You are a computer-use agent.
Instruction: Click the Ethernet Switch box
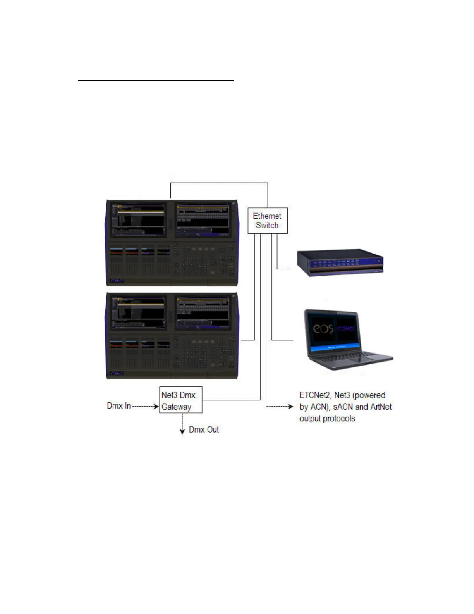[267, 221]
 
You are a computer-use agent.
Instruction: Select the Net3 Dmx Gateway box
[181, 400]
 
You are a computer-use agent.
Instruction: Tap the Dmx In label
[119, 406]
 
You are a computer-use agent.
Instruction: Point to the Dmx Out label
[204, 429]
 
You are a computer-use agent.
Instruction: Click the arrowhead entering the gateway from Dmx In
[156, 406]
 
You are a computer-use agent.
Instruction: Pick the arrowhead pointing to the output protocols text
[290, 406]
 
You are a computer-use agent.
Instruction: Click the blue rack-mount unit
[340, 262]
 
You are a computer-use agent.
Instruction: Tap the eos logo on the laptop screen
[323, 329]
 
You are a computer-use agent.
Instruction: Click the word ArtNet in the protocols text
[381, 407]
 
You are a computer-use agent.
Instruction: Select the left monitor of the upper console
[138, 220]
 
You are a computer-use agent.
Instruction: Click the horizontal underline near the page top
[156, 81]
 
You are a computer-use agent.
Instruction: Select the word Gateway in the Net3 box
[176, 407]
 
